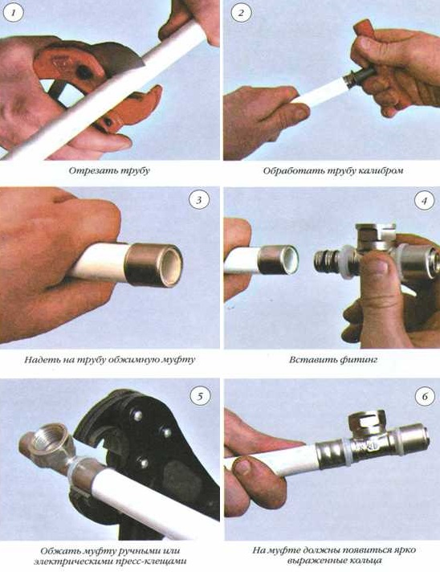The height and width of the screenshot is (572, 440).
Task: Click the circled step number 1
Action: [14, 13]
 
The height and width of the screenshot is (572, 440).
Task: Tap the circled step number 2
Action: [241, 13]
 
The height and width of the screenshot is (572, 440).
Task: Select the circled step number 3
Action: [198, 200]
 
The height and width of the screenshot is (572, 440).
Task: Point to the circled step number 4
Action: [424, 201]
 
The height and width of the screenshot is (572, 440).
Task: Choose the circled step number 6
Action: [425, 396]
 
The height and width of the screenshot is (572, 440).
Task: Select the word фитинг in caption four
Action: [358, 360]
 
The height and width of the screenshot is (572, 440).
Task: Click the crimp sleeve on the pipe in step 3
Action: [153, 264]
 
